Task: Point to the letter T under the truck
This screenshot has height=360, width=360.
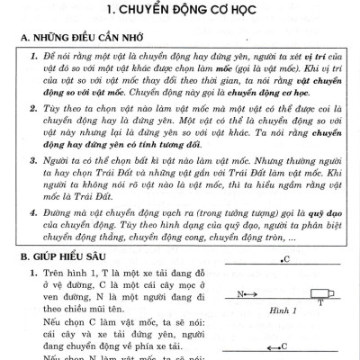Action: (x=321, y=303)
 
